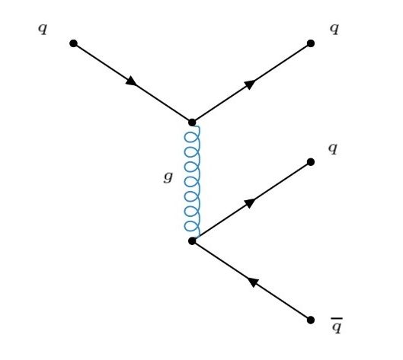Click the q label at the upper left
pos(43,29)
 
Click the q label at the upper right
pos(334,29)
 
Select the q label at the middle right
pos(333,148)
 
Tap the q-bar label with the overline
pos(337,326)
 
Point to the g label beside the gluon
pos(168,177)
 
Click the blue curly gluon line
pos(192,181)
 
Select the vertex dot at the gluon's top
pos(192,123)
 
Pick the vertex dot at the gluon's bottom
pos(192,241)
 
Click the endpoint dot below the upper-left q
pos(73,43)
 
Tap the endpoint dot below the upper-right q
pos(311,43)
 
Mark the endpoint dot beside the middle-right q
pos(311,162)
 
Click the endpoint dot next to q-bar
pos(311,320)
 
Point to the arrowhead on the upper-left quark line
pos(132,81)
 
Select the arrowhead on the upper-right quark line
pos(250,84)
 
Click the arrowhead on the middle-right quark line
pos(250,203)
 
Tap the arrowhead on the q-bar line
pos(252,282)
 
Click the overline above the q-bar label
pos(337,318)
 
